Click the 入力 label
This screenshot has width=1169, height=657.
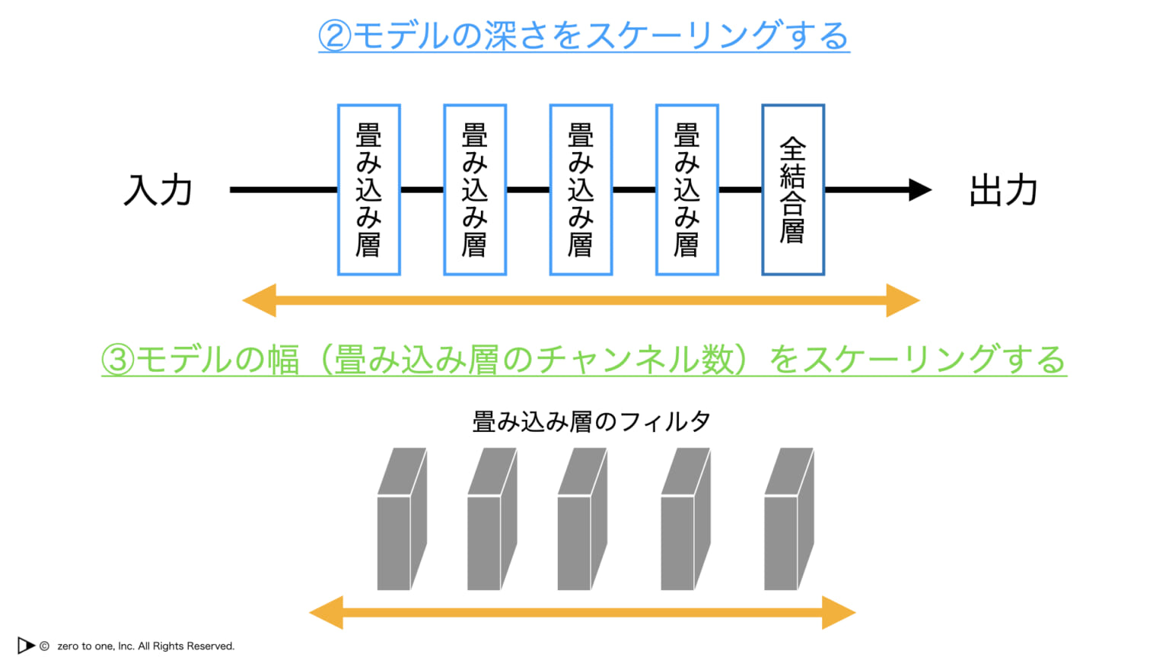[x=158, y=190]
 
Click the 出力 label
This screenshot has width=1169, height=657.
[x=1003, y=190]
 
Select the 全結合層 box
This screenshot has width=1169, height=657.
[x=793, y=190]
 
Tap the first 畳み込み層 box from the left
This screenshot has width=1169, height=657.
[x=369, y=190]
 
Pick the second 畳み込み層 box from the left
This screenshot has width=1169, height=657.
[x=475, y=190]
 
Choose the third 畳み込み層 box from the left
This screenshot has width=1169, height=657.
[x=581, y=190]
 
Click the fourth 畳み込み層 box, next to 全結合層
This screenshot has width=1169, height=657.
[x=686, y=190]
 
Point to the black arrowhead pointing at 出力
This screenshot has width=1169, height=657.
[x=919, y=190]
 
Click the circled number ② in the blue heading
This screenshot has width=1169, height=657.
[x=334, y=36]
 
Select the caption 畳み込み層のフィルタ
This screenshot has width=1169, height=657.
[x=591, y=421]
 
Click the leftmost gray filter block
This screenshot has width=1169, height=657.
[x=401, y=520]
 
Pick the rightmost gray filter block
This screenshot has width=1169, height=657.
[x=788, y=520]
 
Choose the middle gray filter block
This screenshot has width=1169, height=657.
[x=581, y=520]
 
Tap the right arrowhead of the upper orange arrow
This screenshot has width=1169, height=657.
[x=903, y=300]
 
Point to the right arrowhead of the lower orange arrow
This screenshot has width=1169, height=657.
[x=839, y=613]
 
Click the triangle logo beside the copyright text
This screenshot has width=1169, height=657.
[x=26, y=646]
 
